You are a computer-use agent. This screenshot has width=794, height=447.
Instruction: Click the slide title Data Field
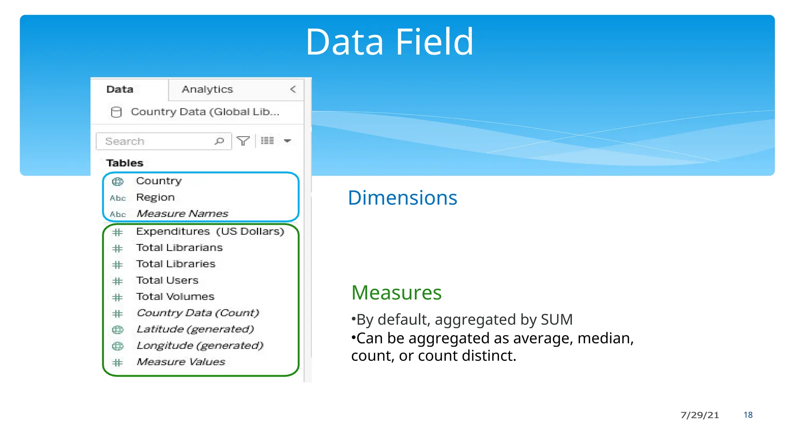pyautogui.click(x=389, y=42)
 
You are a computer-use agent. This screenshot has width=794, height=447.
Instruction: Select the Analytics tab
pyautogui.click(x=207, y=89)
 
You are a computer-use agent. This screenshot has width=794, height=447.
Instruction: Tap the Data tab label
pyautogui.click(x=120, y=89)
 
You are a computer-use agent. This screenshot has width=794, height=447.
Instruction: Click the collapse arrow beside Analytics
pyautogui.click(x=293, y=89)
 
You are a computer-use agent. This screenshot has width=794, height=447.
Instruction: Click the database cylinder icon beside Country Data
pyautogui.click(x=116, y=112)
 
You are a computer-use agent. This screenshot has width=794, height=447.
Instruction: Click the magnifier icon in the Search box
pyautogui.click(x=219, y=141)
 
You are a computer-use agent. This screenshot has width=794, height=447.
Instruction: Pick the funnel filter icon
pyautogui.click(x=243, y=141)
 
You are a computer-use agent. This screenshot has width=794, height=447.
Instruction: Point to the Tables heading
pyautogui.click(x=125, y=163)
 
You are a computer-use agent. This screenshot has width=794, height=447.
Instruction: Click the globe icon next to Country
pyautogui.click(x=117, y=181)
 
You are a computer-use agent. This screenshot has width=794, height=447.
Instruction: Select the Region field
pyautogui.click(x=155, y=198)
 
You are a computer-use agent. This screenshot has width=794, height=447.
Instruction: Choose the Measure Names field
pyautogui.click(x=182, y=214)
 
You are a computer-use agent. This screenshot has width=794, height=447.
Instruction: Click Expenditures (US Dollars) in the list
pyautogui.click(x=210, y=232)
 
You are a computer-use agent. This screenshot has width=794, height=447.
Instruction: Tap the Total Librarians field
pyautogui.click(x=180, y=248)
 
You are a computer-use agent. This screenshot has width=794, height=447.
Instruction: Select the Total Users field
pyautogui.click(x=167, y=281)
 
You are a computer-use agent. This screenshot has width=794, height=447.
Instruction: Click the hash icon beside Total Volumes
pyautogui.click(x=117, y=298)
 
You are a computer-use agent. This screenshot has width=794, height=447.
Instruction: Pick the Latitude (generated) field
pyautogui.click(x=195, y=329)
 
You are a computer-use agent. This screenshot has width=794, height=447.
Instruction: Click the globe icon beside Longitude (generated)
pyautogui.click(x=117, y=346)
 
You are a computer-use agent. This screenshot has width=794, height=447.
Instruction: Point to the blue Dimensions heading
pyautogui.click(x=402, y=198)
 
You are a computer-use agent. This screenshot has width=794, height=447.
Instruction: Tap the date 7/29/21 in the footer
pyautogui.click(x=699, y=415)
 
